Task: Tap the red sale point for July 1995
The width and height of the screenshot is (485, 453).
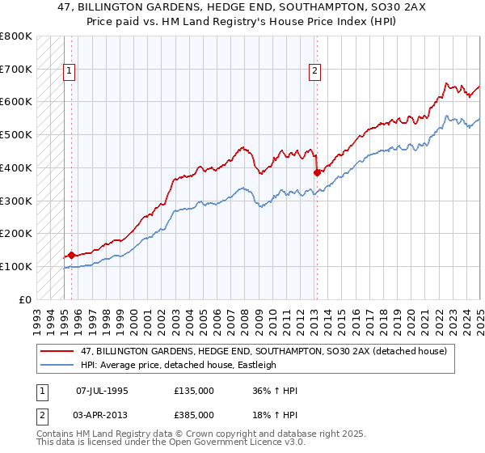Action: tap(71, 255)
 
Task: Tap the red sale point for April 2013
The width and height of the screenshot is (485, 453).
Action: tap(317, 172)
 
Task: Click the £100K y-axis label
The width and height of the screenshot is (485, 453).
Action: tap(16, 266)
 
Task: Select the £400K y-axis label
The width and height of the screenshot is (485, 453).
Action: tap(16, 167)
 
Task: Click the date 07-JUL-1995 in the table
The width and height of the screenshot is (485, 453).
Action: tap(102, 392)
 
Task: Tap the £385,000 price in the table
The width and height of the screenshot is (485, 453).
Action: tap(194, 414)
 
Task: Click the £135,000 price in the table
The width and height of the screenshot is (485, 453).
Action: tap(194, 392)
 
